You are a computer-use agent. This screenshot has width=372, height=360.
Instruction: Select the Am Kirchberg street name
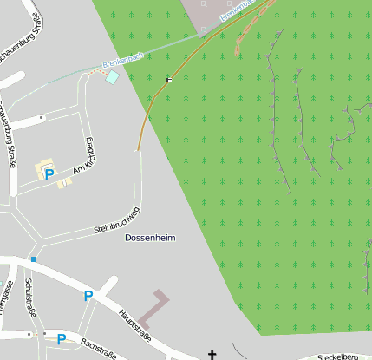click(x=82, y=156)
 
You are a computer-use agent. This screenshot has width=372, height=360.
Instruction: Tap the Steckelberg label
click(x=337, y=357)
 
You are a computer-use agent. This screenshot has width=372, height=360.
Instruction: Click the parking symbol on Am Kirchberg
click(x=49, y=173)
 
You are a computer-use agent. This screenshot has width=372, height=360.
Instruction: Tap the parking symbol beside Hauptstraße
click(x=88, y=297)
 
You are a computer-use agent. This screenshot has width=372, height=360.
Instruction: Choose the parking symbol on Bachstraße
click(x=61, y=339)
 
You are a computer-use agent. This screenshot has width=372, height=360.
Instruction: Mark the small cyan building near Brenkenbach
click(x=112, y=77)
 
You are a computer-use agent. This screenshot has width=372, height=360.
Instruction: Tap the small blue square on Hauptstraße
click(x=33, y=259)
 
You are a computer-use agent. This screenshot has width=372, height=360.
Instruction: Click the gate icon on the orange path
click(x=169, y=80)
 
